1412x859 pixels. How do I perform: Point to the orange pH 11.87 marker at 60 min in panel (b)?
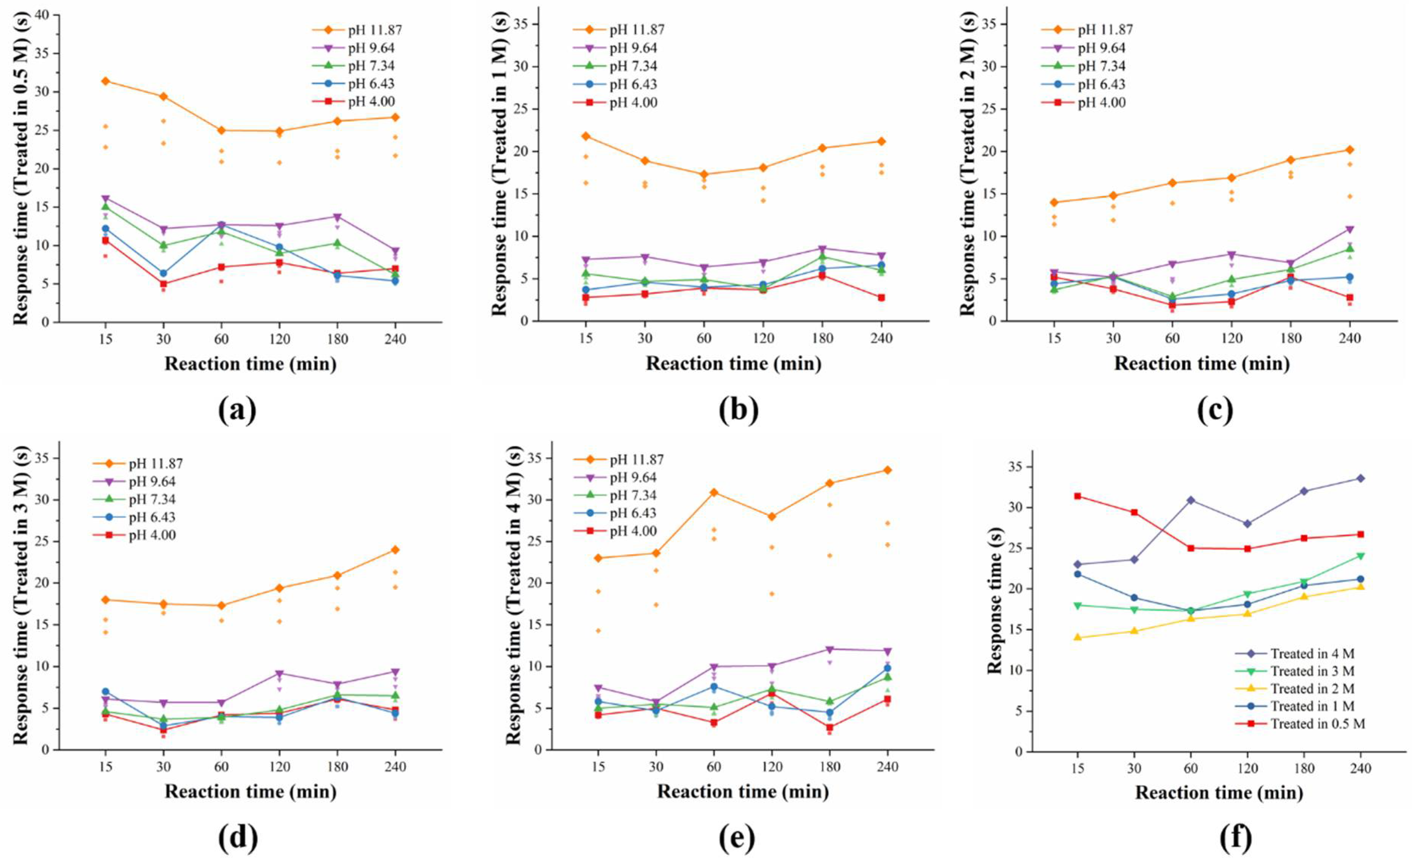pyautogui.click(x=704, y=174)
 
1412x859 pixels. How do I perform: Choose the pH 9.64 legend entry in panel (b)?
pyautogui.click(x=632, y=48)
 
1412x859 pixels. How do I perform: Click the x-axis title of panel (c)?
pyautogui.click(x=1202, y=363)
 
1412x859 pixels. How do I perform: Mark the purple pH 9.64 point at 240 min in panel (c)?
pyautogui.click(x=1349, y=230)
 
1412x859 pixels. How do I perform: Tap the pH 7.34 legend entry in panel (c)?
pyautogui.click(x=1101, y=66)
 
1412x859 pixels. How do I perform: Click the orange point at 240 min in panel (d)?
pyautogui.click(x=395, y=549)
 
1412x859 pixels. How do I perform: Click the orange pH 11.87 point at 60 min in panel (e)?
pyautogui.click(x=714, y=492)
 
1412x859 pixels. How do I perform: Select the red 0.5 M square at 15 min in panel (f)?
pyautogui.click(x=1077, y=496)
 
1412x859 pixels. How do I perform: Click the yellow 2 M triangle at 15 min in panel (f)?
pyautogui.click(x=1077, y=637)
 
